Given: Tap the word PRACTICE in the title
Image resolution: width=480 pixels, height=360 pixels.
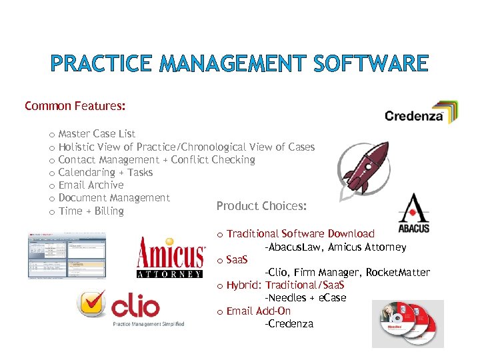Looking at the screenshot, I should (100, 64).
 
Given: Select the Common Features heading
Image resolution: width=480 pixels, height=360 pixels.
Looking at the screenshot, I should (75, 106).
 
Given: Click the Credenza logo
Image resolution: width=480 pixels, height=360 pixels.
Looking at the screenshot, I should (421, 113).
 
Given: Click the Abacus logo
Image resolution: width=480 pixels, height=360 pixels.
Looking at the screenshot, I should (413, 213).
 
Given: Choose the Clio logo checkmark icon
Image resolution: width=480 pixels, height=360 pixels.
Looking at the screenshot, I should (92, 305).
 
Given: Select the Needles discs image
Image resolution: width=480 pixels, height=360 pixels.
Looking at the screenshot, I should (407, 323).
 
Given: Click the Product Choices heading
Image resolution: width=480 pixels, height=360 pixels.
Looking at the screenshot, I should (261, 206).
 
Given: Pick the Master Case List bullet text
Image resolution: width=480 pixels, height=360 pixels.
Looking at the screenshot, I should (97, 134).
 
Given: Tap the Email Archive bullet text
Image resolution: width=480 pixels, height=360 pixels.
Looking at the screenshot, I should (91, 185).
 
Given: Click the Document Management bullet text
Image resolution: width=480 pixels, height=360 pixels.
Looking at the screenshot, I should (114, 198).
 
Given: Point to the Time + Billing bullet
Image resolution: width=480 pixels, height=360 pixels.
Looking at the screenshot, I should (91, 211).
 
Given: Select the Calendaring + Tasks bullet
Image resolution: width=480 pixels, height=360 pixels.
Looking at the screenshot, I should (105, 173).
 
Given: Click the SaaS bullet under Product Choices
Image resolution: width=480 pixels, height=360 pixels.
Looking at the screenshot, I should (237, 259).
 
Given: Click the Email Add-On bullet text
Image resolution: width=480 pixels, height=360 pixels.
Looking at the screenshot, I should (259, 311).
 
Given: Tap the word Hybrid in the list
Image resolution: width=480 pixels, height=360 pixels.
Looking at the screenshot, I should (243, 285).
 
